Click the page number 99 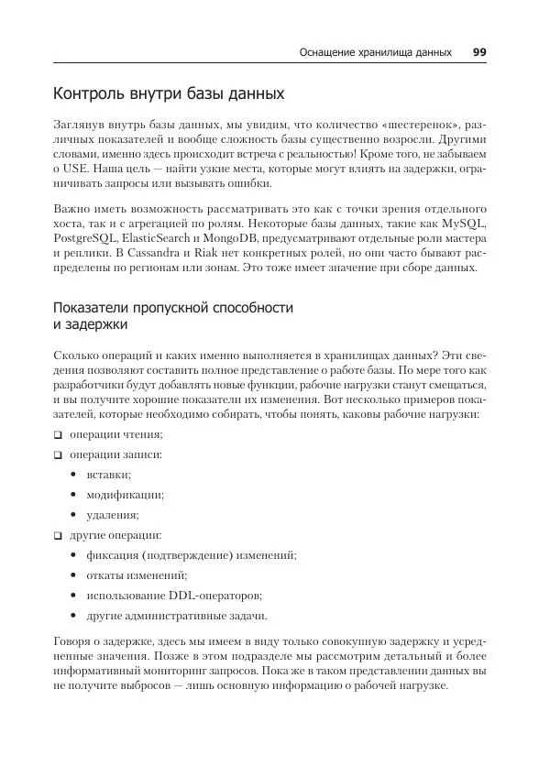478,52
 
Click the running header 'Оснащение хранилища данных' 376,52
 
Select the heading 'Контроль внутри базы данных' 169,93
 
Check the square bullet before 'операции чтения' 57,434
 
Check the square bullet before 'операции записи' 57,454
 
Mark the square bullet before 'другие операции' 57,534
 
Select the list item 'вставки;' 108,475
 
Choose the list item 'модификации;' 125,495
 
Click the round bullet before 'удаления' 73,514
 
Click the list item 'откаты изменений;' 136,575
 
